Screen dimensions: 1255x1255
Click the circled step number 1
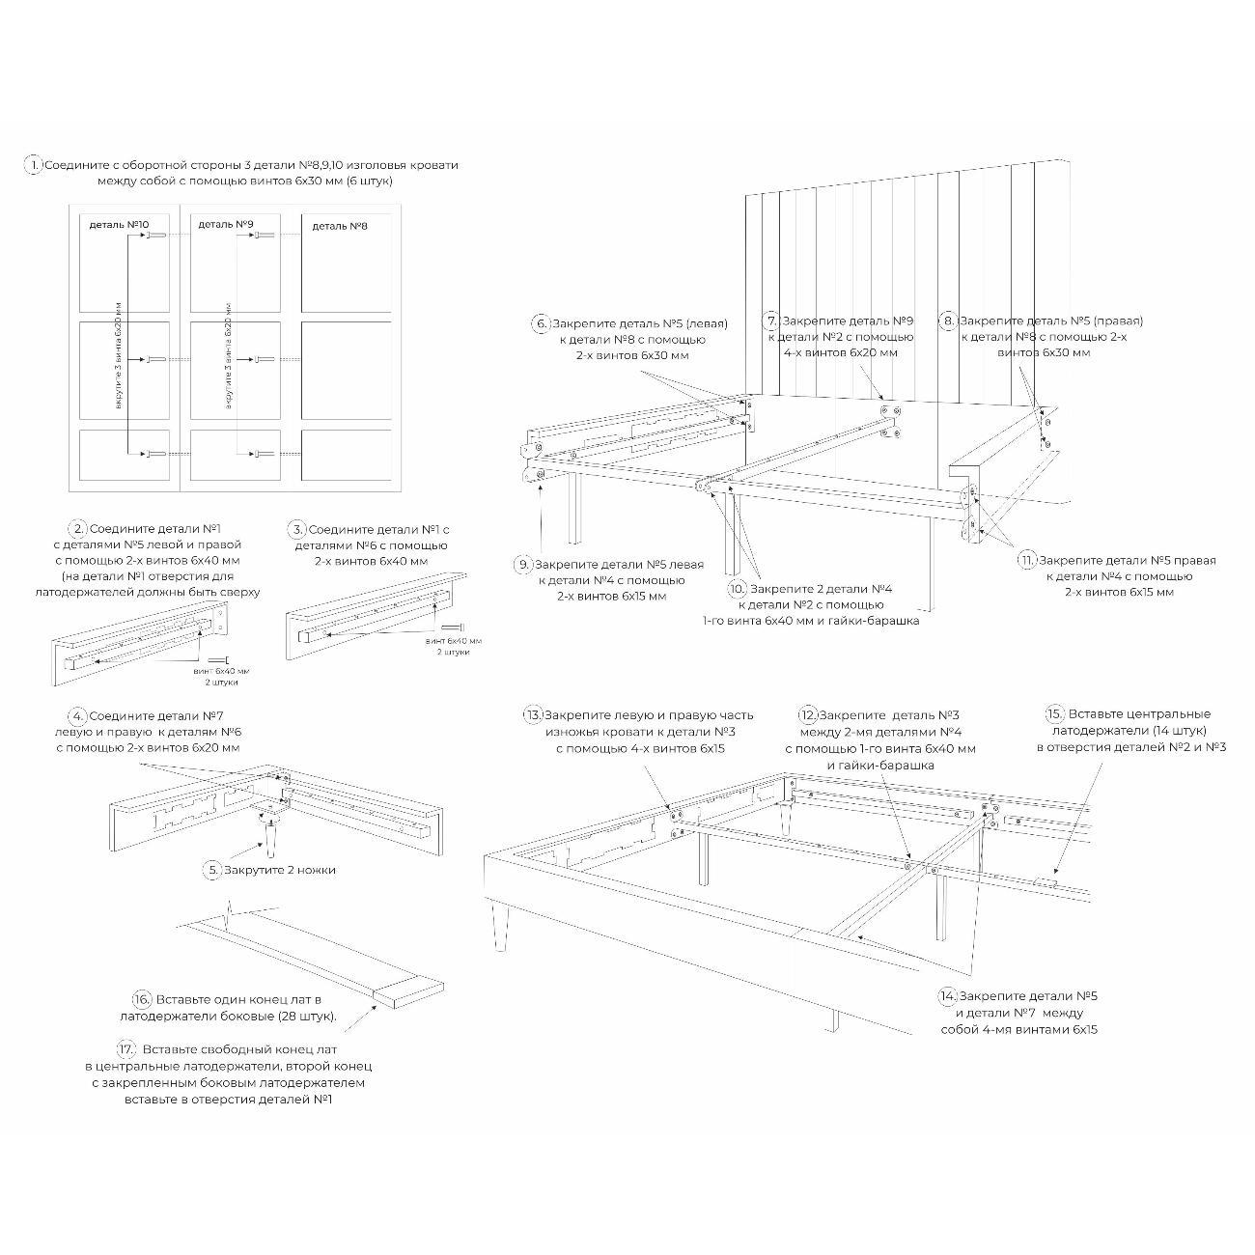click(x=34, y=165)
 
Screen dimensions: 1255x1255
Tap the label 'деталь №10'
click(x=119, y=225)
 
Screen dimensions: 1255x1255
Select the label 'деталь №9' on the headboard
click(x=226, y=225)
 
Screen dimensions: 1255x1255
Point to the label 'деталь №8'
click(x=339, y=226)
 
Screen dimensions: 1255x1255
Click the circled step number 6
click(x=542, y=323)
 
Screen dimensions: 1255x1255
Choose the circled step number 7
click(x=770, y=321)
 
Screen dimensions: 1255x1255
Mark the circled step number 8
click(x=948, y=321)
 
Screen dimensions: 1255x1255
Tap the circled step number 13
click(x=533, y=715)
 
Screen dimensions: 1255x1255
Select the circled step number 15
click(x=1055, y=714)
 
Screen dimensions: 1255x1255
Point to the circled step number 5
click(x=213, y=870)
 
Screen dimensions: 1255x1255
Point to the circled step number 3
click(x=297, y=529)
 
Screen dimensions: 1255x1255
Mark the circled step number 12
click(x=808, y=715)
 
